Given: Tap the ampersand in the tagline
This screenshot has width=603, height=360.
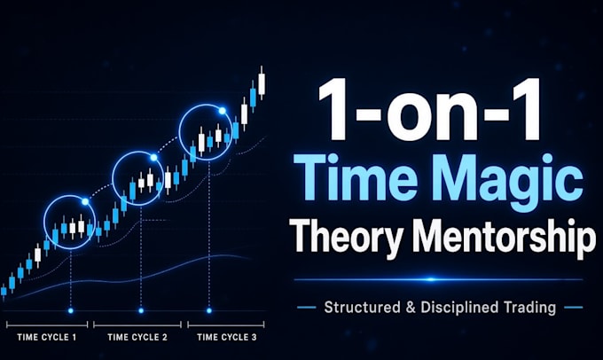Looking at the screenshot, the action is pos(411,308).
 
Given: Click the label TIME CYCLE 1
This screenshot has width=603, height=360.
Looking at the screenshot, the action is pos(47,337).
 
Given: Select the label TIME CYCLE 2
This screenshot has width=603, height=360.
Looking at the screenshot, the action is pos(137,337).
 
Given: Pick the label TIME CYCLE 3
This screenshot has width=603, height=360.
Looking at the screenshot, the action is pos(226,337).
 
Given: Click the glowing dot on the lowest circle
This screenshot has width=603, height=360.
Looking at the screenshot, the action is pos(85,201).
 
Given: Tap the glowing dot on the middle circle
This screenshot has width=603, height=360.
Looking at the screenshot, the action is pos(153,157).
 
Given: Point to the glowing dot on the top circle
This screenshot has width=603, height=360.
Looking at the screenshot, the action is pos(222,111).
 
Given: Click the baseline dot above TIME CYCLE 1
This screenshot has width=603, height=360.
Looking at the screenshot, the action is pos(71,310).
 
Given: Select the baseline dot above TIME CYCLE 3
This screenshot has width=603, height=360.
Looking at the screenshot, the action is pos(209,310).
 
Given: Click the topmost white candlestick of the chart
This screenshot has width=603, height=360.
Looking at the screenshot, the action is pos(262,83).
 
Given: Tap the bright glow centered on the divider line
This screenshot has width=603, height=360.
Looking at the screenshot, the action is pos(431,279).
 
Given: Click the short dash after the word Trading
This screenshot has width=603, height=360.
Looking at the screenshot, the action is pos(573,308).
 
